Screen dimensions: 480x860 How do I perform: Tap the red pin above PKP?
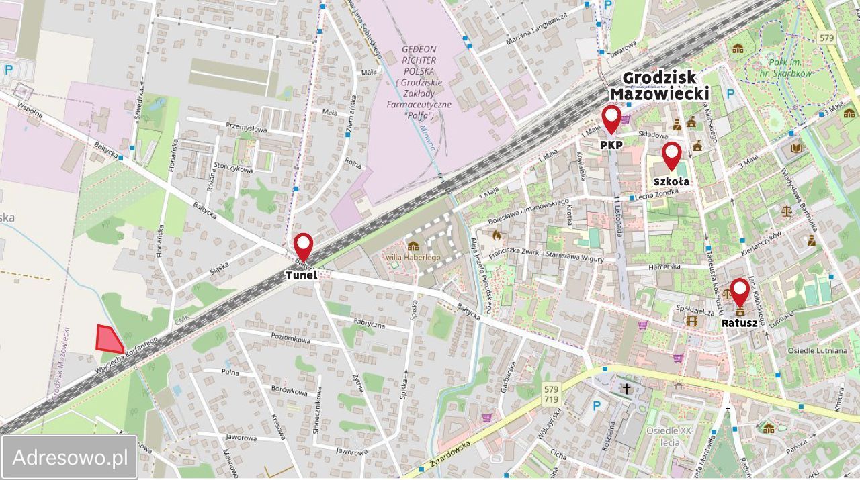point(611,119)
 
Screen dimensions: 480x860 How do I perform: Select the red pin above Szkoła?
point(671,156)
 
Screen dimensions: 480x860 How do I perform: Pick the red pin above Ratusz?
point(739,292)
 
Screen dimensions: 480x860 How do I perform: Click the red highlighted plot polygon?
point(108,339)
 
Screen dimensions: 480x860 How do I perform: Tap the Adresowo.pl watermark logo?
point(70,458)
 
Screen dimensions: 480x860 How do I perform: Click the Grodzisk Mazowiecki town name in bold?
point(659,85)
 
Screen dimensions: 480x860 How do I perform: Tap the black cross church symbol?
point(626,389)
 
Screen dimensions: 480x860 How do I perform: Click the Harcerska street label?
point(664,267)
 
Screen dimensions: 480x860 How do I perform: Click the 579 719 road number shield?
point(551,394)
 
